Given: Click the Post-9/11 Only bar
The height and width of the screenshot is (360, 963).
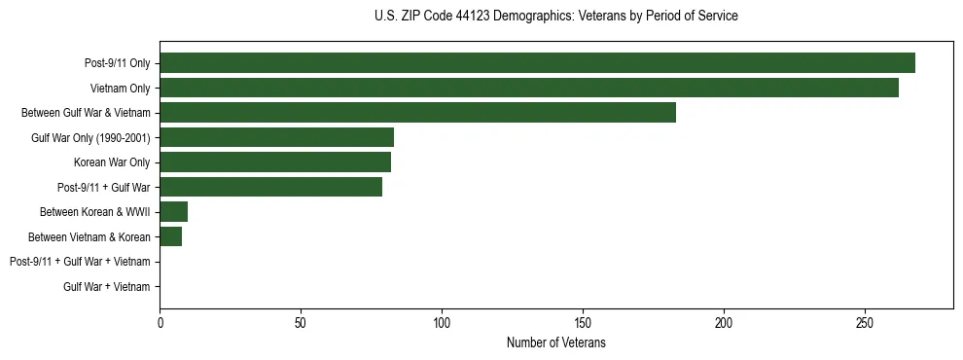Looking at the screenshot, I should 537,63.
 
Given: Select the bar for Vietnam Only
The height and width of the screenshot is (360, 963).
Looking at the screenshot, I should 528,88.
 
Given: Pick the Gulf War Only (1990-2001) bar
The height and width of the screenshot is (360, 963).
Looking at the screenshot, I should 276,137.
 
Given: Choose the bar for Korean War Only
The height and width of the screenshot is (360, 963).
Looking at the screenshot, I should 275,162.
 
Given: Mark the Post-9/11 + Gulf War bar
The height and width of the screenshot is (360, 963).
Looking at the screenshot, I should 270,187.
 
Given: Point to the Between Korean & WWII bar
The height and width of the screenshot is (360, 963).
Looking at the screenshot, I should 173,211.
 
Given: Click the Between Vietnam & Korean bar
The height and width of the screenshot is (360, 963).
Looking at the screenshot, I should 170,236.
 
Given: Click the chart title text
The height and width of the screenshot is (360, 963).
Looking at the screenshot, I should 555,17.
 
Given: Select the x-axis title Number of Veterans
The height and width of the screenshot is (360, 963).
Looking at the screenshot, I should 555,342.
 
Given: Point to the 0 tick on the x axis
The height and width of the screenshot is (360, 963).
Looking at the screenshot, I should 160,321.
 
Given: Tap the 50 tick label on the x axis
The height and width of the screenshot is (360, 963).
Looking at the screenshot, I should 301,321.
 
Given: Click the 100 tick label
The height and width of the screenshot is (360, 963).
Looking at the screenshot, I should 442,321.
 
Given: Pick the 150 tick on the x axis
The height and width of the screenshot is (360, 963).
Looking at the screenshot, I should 583,321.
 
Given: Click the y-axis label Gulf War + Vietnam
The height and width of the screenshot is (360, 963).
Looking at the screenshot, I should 106,286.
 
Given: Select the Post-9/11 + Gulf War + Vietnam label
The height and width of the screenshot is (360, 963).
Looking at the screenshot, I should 80,262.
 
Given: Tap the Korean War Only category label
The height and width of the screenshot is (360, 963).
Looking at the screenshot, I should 112,162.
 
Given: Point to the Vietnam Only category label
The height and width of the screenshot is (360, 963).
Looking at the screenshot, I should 119,88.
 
